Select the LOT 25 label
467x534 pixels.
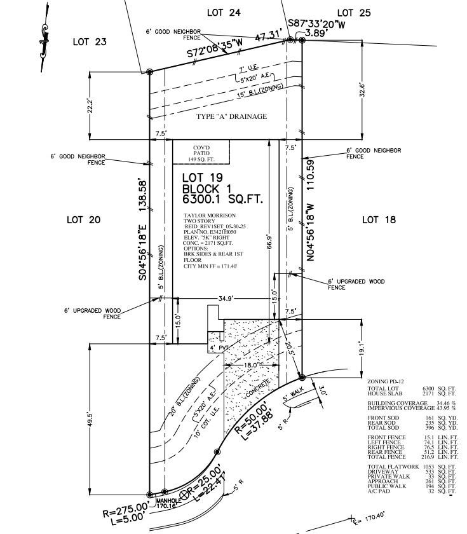click(354, 12)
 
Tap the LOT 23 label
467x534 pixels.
click(90, 42)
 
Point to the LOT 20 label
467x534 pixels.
click(84, 219)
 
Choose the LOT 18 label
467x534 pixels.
click(379, 219)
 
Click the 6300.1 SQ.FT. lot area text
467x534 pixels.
click(222, 200)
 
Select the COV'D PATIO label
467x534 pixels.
click(201, 153)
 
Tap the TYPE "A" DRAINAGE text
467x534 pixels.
click(231, 116)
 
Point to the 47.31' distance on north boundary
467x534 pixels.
click(269, 38)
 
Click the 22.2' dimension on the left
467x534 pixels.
click(90, 106)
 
